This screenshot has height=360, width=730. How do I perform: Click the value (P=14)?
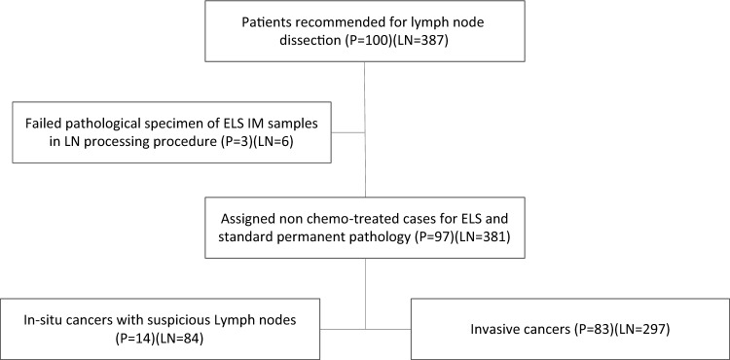click(x=134, y=339)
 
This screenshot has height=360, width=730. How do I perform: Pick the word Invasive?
click(x=493, y=329)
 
